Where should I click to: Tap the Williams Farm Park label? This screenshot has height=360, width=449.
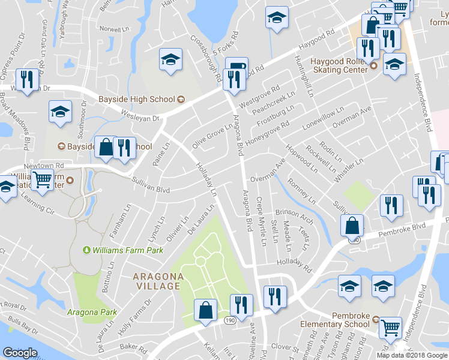click(123, 250)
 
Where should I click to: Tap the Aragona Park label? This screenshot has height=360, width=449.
click(92, 312)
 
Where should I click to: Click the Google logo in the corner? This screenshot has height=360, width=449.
click(20, 353)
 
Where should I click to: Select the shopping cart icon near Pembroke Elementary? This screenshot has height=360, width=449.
click(391, 327)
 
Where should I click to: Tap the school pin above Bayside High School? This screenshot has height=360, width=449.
click(170, 59)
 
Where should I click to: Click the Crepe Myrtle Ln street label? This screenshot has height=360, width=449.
click(261, 221)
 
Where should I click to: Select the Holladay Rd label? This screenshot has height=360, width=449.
click(295, 262)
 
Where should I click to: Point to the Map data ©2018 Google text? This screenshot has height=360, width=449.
click(411, 355)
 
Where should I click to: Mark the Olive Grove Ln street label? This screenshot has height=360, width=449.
click(212, 137)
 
